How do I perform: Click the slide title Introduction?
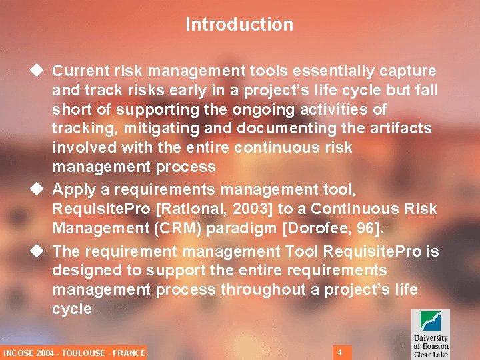pyautogui.click(x=239, y=25)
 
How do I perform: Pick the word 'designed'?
pyautogui.click(x=85, y=271)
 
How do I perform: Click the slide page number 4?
pyautogui.click(x=340, y=351)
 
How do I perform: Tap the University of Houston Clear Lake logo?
pyautogui.click(x=430, y=333)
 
